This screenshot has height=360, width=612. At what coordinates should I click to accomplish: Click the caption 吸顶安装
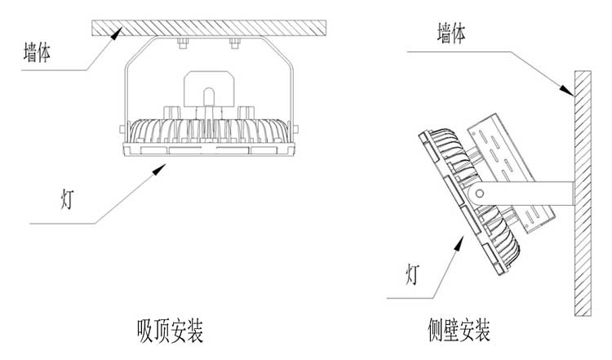[170, 331]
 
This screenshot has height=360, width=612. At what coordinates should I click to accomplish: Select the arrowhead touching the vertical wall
[569, 88]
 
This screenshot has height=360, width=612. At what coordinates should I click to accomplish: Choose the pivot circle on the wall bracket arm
[480, 193]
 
